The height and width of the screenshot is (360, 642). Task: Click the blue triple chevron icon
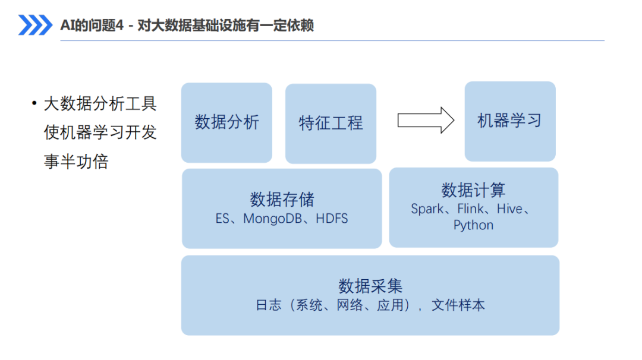(35, 25)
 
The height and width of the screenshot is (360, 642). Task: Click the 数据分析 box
(227, 123)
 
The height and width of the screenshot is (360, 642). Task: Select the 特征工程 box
(331, 124)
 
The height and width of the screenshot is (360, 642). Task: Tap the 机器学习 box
(510, 121)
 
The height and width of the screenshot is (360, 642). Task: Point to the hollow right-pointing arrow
(426, 120)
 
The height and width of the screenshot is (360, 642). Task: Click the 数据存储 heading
(282, 200)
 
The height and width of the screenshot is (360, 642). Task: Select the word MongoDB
(272, 219)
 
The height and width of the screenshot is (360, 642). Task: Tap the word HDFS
(332, 219)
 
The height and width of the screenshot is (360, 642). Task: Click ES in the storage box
(222, 219)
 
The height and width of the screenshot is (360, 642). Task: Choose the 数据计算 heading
(473, 190)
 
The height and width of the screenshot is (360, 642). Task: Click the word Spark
(427, 209)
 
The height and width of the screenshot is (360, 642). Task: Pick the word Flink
(470, 209)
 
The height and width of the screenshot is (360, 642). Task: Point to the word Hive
(510, 209)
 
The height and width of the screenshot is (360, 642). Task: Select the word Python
(473, 225)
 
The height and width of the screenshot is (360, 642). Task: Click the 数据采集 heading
(370, 286)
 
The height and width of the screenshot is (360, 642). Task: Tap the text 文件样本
(458, 305)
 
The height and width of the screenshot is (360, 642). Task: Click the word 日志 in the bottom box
(269, 305)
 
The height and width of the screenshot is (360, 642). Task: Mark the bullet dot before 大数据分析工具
(34, 103)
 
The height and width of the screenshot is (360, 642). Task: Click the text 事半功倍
(76, 162)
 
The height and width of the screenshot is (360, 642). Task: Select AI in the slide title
(65, 26)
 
